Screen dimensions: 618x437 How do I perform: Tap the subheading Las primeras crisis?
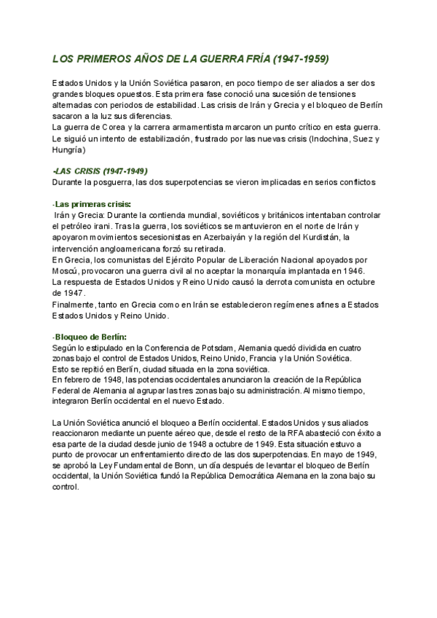90,204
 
